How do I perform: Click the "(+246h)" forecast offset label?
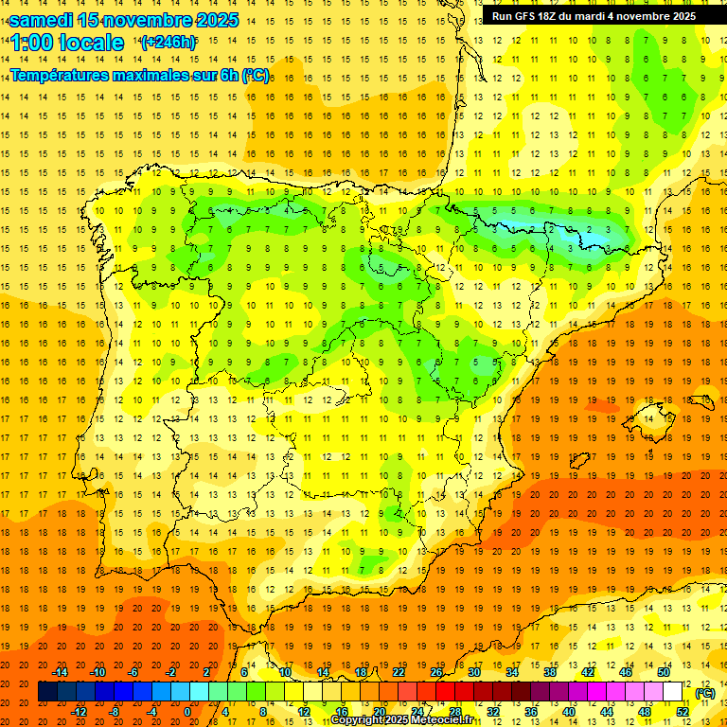[x=168, y=42]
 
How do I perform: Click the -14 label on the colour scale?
[x=60, y=672]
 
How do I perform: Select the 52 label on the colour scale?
[x=683, y=712]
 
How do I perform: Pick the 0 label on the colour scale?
[x=187, y=712]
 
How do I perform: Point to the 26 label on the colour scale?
[x=436, y=672]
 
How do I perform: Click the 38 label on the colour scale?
[x=550, y=672]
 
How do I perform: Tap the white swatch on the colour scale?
[x=672, y=692]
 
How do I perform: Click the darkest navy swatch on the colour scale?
[x=47, y=692]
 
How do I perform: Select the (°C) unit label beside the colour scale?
[x=705, y=693]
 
